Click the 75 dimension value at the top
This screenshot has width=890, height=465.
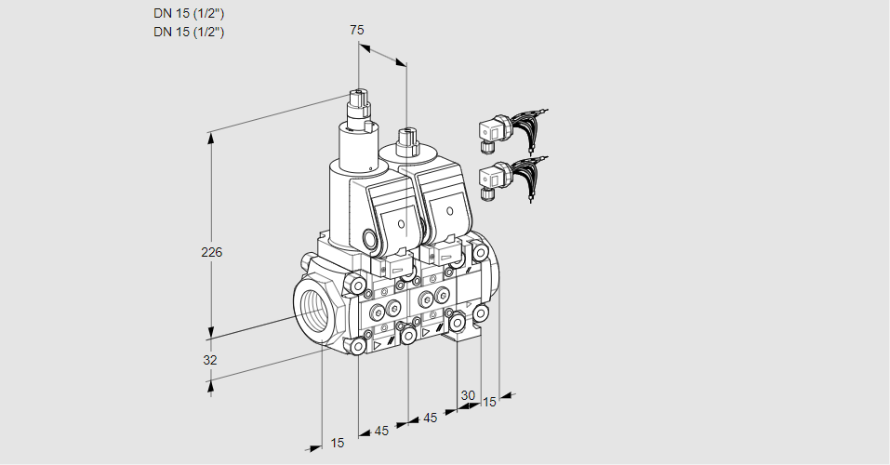click(x=356, y=30)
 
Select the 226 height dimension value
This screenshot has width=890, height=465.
click(x=213, y=253)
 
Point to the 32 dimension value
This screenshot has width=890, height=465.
click(x=210, y=360)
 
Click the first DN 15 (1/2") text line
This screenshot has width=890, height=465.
click(x=190, y=14)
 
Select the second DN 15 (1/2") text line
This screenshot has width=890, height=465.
click(x=190, y=32)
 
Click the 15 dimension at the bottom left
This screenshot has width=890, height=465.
click(x=337, y=443)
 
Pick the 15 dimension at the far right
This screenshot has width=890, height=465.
click(x=489, y=402)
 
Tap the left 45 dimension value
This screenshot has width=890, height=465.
click(x=381, y=431)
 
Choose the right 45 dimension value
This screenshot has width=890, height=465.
click(x=431, y=418)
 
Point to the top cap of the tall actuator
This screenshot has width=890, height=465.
click(x=360, y=97)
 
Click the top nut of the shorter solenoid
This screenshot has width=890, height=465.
click(x=405, y=140)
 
